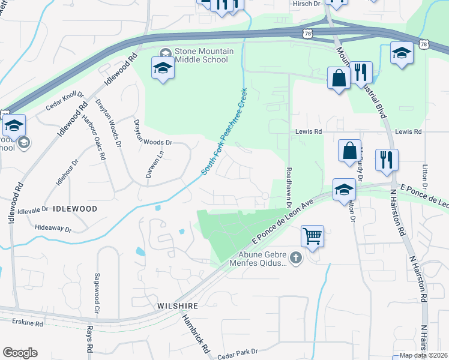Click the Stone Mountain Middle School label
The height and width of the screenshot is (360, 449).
coord(201,55)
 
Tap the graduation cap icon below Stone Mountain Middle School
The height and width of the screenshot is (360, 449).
coord(162,69)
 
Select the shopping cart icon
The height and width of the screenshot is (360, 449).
coord(312,236)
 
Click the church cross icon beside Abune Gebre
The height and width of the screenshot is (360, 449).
coord(295,259)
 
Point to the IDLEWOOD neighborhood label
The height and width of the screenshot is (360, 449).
coord(75,209)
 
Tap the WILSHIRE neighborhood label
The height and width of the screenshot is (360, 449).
coord(178,305)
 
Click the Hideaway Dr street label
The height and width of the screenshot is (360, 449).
coord(53,229)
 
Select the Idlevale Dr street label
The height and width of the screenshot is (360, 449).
coord(32,209)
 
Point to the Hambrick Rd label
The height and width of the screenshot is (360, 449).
coord(196,334)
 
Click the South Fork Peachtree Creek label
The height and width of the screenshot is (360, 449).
coord(224,132)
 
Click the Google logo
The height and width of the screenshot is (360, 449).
coord(20,353)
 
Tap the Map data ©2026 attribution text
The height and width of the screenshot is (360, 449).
coord(424,355)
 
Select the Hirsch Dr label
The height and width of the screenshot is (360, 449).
coord(306,4)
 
